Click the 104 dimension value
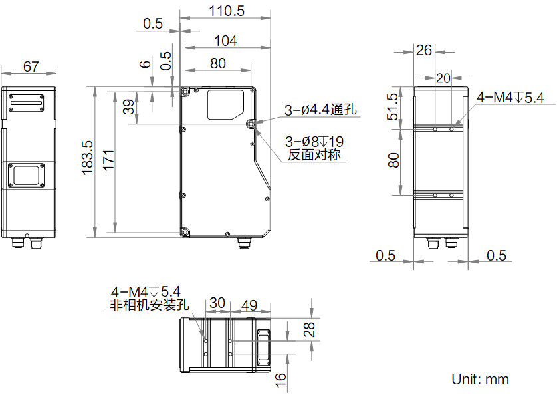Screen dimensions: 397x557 click(226, 41)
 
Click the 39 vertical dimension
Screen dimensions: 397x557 click(130, 106)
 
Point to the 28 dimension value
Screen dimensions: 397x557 click(309, 329)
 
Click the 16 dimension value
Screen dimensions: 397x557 click(281, 380)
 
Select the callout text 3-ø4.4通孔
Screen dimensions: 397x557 click(322, 110)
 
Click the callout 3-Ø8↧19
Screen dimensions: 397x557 click(314, 142)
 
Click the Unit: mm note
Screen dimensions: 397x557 click(481, 379)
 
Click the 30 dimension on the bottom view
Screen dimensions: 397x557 click(217, 303)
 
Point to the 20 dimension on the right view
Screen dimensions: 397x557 click(443, 78)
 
